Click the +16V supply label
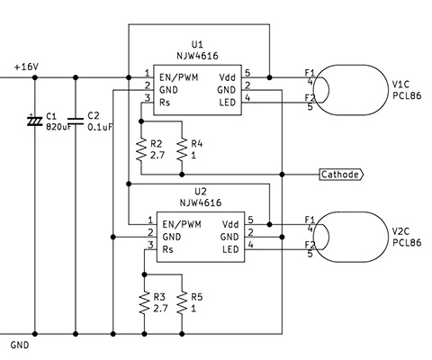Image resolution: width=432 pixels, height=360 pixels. (26, 67)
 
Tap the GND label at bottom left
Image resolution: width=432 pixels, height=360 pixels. (20, 345)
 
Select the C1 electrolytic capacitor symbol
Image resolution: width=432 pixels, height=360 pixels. (35, 121)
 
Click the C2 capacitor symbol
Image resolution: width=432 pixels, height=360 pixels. (76, 121)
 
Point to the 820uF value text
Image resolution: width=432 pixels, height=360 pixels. (58, 127)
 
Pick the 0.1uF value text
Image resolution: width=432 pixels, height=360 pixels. (100, 127)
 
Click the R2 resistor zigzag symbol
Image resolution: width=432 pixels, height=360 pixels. (141, 149)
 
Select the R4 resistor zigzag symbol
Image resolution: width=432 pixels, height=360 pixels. (182, 149)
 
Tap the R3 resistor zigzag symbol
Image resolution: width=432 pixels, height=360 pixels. (144, 302)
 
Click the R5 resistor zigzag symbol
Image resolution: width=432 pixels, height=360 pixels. (182, 302)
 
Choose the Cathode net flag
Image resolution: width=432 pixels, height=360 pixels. (341, 175)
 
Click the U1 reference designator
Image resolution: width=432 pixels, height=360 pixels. (197, 45)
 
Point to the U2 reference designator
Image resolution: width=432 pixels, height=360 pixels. (201, 192)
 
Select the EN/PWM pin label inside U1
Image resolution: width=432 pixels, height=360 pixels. (179, 77)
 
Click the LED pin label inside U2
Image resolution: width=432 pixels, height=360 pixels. (230, 249)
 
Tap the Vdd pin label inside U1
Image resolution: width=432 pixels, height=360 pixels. (228, 77)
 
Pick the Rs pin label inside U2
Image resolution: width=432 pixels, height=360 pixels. (168, 249)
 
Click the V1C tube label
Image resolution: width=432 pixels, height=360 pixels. (400, 84)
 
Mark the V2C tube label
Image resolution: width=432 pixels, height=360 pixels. (400, 231)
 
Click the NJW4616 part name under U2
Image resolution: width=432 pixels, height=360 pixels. (201, 202)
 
